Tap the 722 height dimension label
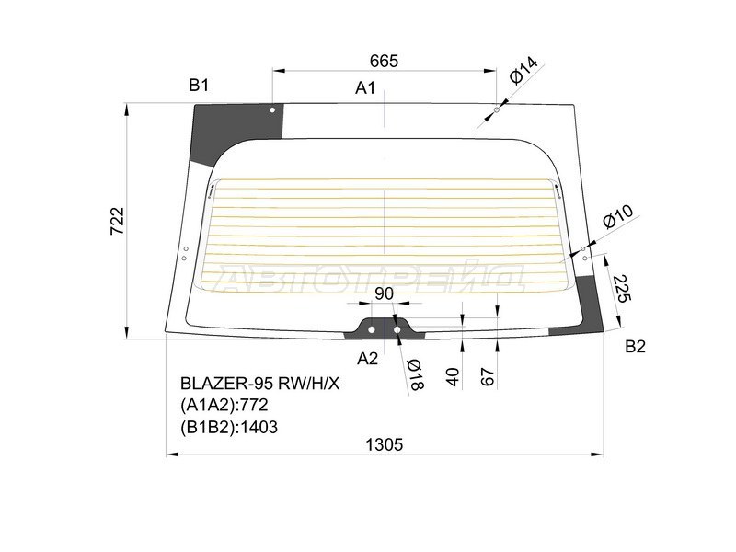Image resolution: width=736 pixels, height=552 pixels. coord(117,221)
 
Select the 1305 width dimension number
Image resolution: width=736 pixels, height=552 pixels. coord(384,443)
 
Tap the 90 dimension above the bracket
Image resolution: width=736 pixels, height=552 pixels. coord(384,294)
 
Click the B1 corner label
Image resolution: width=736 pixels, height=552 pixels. coord(199,86)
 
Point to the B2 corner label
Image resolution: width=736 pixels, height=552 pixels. coord(635,347)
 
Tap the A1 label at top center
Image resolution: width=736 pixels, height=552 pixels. coord(365,88)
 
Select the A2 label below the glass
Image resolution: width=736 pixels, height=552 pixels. coord(367,358)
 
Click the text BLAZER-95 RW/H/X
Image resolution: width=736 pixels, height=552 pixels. coord(259,385)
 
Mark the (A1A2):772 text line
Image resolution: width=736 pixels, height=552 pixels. coord(228,406)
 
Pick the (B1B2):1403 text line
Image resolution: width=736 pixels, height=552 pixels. coord(230,426)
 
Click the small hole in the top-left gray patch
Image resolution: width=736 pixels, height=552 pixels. coord(272,110)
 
